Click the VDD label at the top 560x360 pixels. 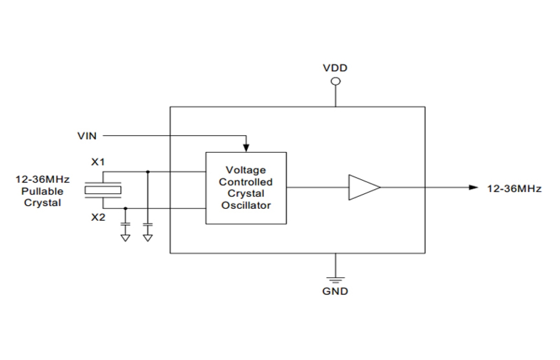pos(335,68)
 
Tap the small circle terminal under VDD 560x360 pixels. pos(335,81)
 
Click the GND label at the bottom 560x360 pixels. pos(335,292)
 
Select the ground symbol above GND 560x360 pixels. pos(335,280)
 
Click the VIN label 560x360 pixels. pos(87,136)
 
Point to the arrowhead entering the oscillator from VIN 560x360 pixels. pos(246,148)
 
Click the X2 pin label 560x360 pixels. pos(98,218)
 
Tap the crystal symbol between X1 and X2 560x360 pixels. pos(103,190)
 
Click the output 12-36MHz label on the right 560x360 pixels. pos(514,189)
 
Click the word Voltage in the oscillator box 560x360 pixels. pos(246,170)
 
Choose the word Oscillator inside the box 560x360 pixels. pos(246,206)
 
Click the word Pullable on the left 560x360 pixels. pos(43,191)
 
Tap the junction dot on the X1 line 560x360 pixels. pos(148,171)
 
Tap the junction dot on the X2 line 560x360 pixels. pos(126,208)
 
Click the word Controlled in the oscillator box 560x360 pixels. pos(246,182)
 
